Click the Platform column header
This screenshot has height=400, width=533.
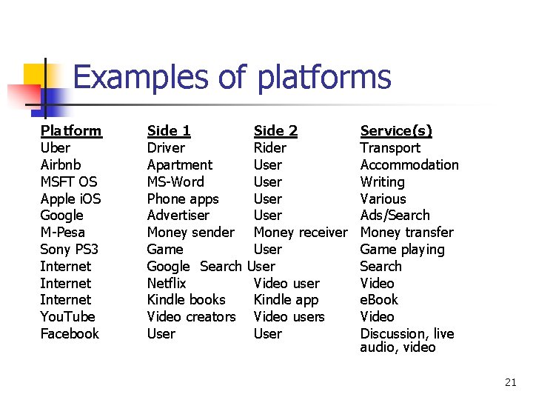[70, 131]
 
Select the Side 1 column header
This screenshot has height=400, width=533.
[169, 131]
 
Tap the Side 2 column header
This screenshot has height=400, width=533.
[275, 131]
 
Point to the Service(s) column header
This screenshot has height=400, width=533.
[396, 131]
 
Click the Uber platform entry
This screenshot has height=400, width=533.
[56, 148]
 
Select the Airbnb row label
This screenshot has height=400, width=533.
[61, 165]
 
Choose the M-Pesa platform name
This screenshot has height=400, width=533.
[63, 233]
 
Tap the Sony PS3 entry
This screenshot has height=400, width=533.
[69, 250]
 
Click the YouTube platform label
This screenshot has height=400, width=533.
[67, 317]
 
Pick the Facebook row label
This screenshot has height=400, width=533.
[70, 334]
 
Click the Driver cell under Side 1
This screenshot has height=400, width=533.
[166, 148]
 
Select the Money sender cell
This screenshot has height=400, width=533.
[191, 233]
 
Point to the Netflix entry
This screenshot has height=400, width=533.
[167, 284]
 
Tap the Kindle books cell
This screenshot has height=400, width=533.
[187, 300]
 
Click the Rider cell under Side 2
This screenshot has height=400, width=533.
[269, 148]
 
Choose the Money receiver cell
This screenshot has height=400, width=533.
[300, 233]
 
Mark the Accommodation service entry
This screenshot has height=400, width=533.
[409, 165]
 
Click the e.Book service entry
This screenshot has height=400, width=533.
[379, 300]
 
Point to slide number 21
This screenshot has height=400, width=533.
[510, 382]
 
